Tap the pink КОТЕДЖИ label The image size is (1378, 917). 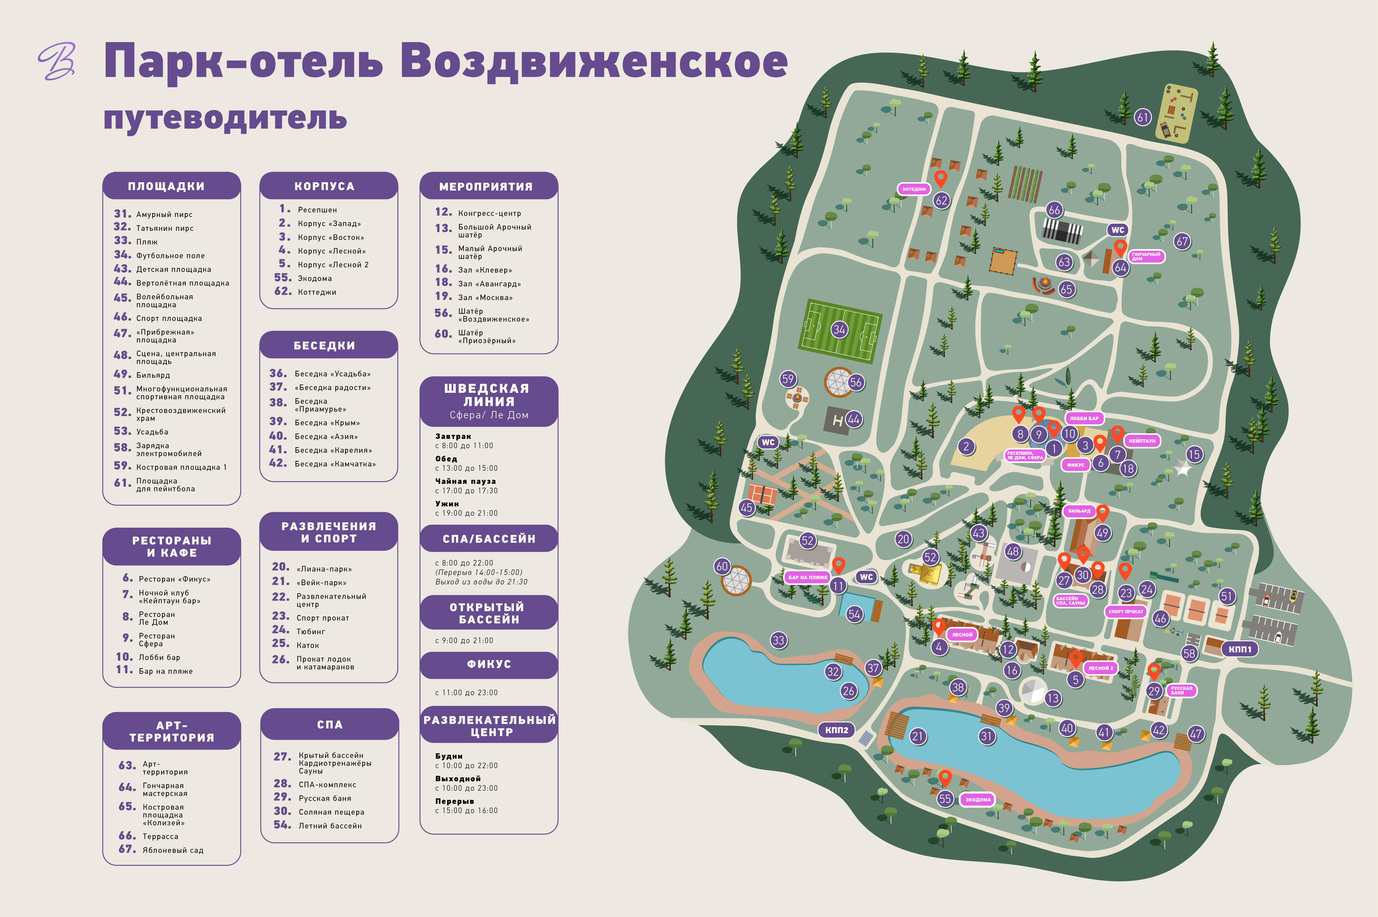click(x=914, y=189)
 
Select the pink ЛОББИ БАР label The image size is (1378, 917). click(x=1084, y=418)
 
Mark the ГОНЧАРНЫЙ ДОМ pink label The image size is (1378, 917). click(x=1145, y=256)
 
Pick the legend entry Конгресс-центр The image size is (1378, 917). click(x=489, y=214)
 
